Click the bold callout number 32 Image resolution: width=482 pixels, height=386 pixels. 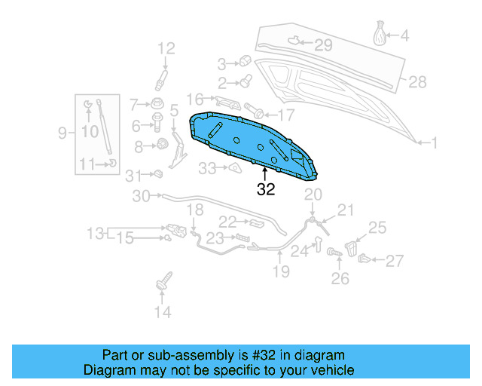[266, 189]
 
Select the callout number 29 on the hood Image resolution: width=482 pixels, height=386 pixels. [323, 45]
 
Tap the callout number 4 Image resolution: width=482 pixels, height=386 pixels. [404, 35]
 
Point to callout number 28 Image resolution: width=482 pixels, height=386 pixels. [417, 81]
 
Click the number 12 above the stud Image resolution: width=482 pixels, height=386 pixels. [165, 49]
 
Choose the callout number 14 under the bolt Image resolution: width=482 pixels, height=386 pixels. [163, 311]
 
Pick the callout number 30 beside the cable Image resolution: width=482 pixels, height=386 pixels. [142, 197]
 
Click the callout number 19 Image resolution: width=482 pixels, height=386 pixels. [281, 271]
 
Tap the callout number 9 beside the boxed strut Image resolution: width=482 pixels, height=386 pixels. [63, 133]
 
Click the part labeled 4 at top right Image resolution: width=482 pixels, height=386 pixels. [381, 34]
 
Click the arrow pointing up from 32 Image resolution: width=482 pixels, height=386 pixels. [266, 176]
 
